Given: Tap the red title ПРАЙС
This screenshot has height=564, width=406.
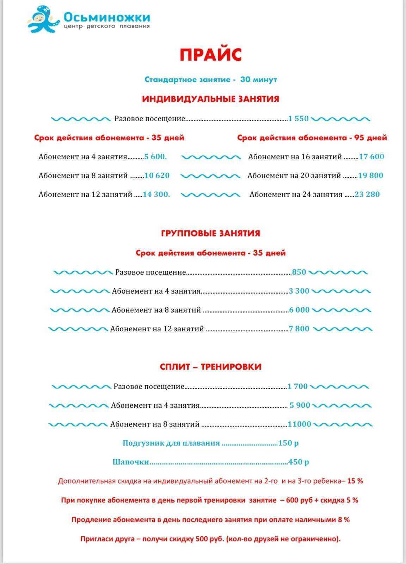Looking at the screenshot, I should pos(211,55).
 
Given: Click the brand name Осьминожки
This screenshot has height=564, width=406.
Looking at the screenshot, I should pos(107,17).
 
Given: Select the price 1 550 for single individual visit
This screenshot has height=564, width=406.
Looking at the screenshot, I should pos(298,119).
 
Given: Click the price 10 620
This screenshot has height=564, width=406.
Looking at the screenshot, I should pos(157,176).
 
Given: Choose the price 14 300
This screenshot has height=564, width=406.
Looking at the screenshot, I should pos(156,194).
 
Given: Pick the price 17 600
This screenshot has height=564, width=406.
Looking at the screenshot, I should pos(371,157).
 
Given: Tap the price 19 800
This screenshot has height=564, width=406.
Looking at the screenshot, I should pos(371,176).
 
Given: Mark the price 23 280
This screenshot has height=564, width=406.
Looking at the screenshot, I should pos(367,194).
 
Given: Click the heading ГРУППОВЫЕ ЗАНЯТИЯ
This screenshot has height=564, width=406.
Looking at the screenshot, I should pos(210,233).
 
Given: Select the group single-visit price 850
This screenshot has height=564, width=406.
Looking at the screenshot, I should pos(299,272).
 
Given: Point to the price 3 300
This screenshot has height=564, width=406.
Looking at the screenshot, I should pos(299,291).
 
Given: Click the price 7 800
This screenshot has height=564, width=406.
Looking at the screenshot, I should pos(299,329).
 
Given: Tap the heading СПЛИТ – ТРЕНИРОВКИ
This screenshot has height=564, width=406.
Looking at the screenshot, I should pos(210,367).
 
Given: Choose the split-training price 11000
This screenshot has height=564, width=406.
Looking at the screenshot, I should pos(300,424).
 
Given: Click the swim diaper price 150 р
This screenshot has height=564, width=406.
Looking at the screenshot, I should pos(288,443).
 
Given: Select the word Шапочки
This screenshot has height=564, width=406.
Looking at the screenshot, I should pos(131,462).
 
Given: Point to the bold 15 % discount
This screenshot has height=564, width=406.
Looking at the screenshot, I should pos(355,481).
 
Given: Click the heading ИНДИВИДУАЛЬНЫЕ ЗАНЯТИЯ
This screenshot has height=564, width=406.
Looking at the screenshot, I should pos(210,99).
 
